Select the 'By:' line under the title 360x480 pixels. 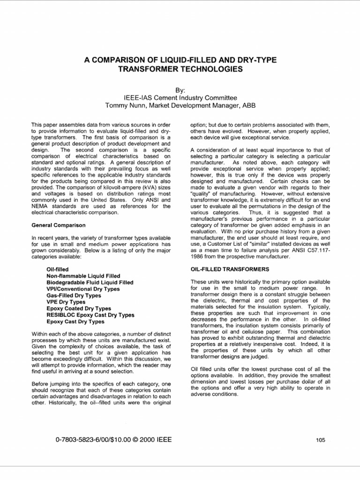[180, 89]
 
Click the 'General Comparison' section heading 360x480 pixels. [58, 225]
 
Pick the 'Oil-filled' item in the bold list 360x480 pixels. [57, 270]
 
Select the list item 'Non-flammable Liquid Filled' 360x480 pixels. [83, 276]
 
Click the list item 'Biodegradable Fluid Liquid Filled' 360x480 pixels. [90, 283]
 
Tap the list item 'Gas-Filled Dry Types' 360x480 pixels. [74, 296]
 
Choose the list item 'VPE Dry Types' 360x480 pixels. [66, 302]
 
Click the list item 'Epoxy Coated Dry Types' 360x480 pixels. [79, 309]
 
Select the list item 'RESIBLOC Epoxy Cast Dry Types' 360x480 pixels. [90, 315]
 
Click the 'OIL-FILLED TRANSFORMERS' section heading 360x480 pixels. [230, 270]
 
